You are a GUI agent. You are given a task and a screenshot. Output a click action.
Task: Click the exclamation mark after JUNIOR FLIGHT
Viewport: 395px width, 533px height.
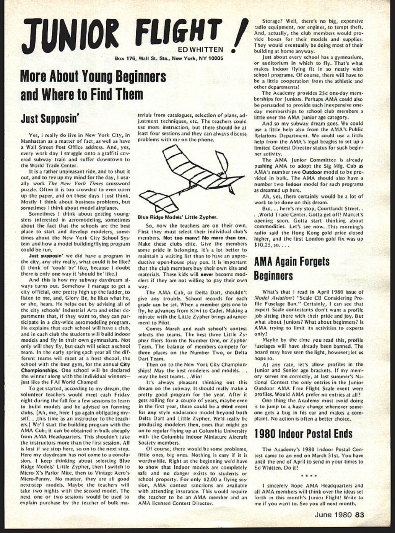pos(240,37)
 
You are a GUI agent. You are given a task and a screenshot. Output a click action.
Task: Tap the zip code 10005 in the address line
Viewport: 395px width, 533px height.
pos(216,59)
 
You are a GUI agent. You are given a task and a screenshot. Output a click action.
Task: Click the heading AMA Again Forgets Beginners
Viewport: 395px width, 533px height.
pos(292,269)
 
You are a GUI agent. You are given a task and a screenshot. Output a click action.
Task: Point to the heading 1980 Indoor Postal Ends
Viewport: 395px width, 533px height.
pos(303,434)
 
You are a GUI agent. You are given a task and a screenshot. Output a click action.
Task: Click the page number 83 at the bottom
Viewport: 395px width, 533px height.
pos(359,515)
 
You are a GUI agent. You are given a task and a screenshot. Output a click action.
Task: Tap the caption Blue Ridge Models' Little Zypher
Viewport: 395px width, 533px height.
pos(178,217)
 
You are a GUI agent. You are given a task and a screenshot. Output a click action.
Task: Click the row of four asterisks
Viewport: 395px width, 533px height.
pos(309,476)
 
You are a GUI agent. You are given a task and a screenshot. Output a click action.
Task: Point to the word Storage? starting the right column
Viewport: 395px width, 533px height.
pos(273,21)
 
